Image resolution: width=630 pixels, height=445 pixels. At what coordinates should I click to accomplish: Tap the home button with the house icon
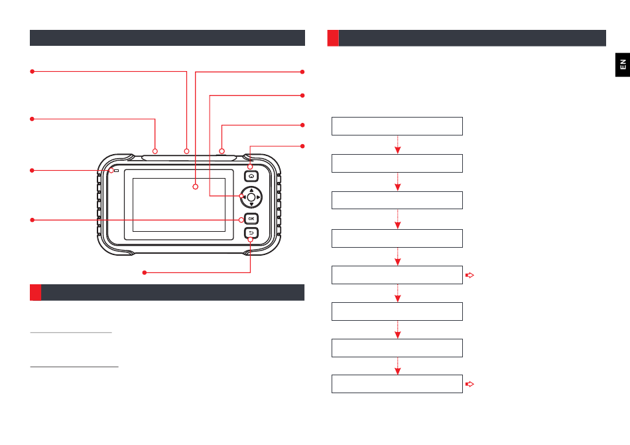tap(251, 177)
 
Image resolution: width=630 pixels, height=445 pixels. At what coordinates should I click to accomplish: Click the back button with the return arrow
tap(251, 232)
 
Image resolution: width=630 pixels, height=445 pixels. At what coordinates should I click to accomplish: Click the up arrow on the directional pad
tap(251, 189)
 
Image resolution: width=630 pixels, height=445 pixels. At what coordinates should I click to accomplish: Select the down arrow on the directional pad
tap(251, 205)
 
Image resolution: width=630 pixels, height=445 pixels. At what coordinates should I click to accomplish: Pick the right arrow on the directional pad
tap(259, 197)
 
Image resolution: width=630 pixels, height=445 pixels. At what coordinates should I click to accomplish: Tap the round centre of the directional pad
tap(251, 197)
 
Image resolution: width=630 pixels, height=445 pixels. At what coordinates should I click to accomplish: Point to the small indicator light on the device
tap(117, 171)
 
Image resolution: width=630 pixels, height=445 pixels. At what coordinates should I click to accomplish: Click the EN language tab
tap(622, 64)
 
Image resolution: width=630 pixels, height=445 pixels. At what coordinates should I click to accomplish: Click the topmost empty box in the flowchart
tap(397, 126)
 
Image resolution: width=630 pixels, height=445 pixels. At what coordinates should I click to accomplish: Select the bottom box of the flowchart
tap(397, 384)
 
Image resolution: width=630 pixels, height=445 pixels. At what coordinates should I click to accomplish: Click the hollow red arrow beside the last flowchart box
tap(470, 384)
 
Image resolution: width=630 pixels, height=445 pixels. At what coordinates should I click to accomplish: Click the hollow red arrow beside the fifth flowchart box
tap(470, 274)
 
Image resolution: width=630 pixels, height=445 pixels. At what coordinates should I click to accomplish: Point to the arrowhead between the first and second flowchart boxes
tap(397, 151)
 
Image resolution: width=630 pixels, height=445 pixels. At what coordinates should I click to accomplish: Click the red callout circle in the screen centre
tap(196, 188)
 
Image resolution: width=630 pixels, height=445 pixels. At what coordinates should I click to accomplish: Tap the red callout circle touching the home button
tap(251, 166)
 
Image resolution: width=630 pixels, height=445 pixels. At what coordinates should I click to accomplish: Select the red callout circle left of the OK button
tap(242, 220)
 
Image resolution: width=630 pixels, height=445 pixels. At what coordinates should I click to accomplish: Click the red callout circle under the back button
tap(251, 240)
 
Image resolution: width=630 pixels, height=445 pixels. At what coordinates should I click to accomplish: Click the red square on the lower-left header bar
tap(36, 292)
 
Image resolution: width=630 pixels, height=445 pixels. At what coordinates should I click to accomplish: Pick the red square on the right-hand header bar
tap(334, 38)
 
